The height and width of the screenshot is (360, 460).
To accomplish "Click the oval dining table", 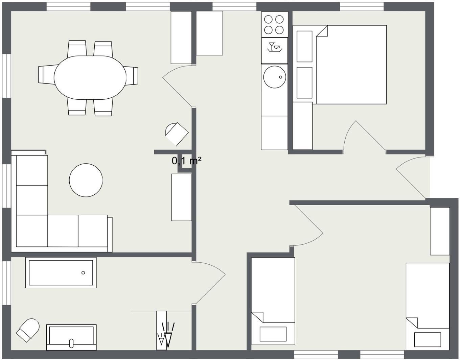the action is click(90, 77).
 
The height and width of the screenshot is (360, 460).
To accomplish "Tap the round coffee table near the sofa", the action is click(86, 180).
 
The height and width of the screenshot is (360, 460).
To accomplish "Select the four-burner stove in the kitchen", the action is click(275, 24).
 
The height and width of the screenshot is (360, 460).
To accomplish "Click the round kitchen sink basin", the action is click(275, 77).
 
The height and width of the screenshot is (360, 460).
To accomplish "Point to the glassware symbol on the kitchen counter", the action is click(274, 47).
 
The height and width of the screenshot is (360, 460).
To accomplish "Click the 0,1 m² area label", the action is click(186, 161).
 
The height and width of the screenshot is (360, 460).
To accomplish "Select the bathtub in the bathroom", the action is click(61, 272).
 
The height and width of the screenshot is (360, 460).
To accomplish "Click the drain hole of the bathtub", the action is click(83, 273).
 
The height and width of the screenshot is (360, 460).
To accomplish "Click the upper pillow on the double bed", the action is click(304, 47).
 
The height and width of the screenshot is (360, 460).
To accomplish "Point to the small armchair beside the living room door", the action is click(177, 134).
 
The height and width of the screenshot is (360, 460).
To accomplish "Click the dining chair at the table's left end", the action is click(47, 75).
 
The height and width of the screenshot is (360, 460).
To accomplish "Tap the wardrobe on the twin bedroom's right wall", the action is click(440, 231).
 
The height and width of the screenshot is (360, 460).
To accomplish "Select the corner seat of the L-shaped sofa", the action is click(32, 231).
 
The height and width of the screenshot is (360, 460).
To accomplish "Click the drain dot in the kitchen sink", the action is click(281, 77).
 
